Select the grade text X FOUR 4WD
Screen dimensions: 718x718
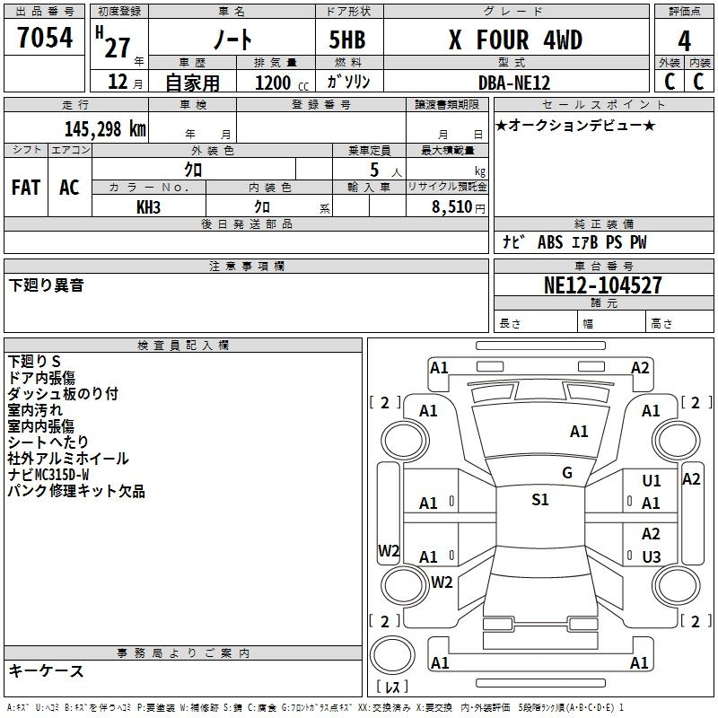(515, 40)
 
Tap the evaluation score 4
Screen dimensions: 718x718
(685, 41)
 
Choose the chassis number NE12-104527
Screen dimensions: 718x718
(603, 285)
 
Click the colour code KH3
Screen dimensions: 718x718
(148, 206)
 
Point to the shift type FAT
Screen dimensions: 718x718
(26, 188)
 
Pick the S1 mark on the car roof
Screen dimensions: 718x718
(539, 500)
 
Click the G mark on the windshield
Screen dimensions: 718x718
(566, 473)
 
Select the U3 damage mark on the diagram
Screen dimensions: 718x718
(652, 556)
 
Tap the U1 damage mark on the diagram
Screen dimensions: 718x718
(652, 481)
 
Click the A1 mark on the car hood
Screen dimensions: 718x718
(579, 432)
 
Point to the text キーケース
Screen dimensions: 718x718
(47, 670)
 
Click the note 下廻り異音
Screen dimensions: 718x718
(47, 285)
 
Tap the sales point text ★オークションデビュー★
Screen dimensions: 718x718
(575, 125)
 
